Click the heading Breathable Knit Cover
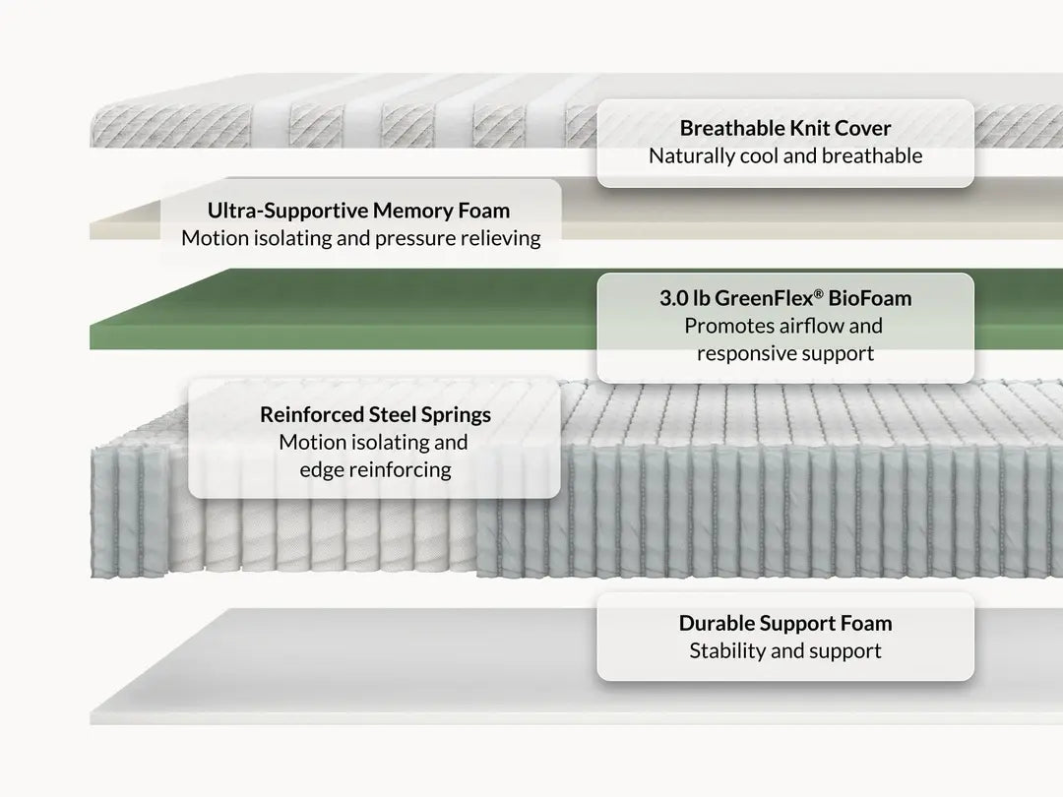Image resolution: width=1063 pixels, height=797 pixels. [785, 128]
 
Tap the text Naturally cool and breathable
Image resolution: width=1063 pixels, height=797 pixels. [785, 155]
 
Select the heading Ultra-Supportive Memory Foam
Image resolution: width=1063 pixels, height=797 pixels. [358, 211]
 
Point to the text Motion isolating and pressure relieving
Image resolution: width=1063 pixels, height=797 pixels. [360, 238]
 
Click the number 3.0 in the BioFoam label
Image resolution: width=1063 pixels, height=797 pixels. [673, 298]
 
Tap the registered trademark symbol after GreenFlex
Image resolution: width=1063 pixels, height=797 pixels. [818, 293]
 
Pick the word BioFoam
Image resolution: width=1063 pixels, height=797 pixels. [870, 298]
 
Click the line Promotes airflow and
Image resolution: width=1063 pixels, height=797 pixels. [783, 326]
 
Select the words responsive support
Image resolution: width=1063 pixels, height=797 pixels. [785, 354]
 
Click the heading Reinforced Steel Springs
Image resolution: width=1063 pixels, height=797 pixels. [375, 415]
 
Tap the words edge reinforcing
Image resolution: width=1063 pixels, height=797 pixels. [375, 469]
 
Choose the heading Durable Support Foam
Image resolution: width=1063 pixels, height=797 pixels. [785, 624]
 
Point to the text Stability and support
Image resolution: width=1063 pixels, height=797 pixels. [785, 651]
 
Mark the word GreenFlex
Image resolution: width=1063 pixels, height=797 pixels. [764, 298]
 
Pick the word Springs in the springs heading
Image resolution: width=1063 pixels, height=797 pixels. [457, 415]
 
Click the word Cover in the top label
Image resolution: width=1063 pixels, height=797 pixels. [862, 128]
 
